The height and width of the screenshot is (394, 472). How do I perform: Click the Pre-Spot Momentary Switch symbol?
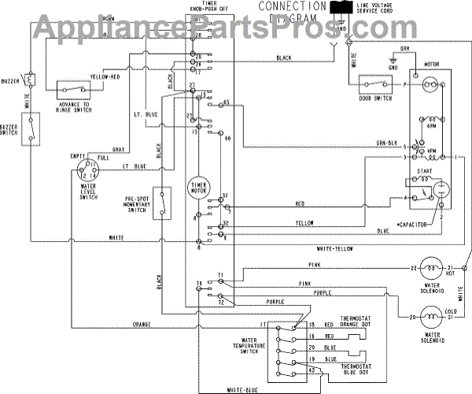162,203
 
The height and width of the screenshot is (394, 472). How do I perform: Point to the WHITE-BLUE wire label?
242,388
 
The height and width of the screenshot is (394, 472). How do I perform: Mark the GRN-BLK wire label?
384,143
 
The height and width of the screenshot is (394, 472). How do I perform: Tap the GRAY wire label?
119,149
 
